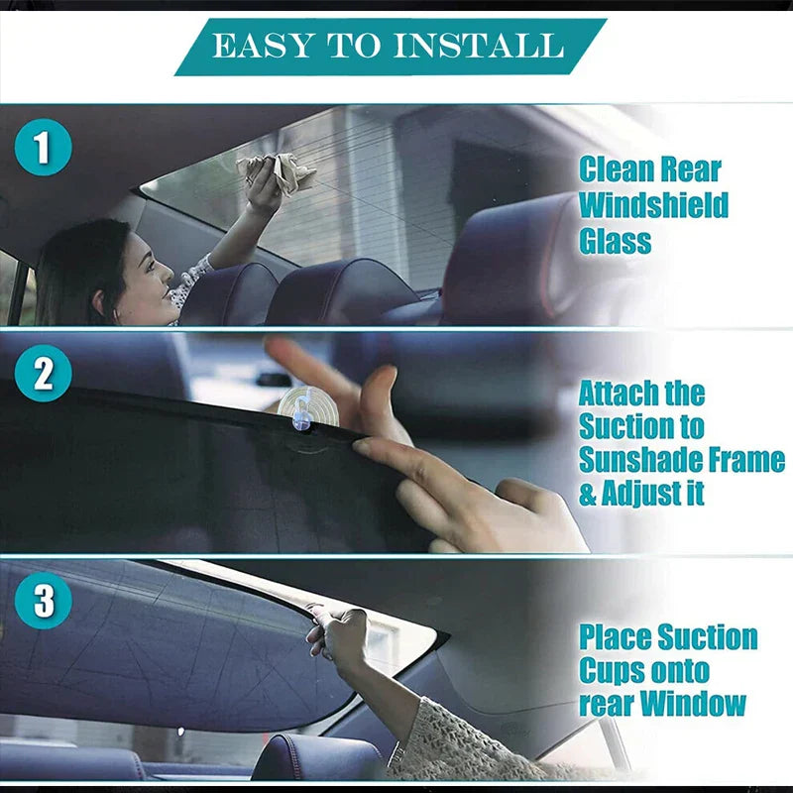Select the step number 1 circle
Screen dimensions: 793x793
(43, 149)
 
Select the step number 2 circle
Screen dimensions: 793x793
(43, 376)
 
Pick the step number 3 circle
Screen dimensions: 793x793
(43, 600)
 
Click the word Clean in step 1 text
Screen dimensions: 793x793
(617, 170)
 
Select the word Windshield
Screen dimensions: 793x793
(653, 205)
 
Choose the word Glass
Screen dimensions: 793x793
(615, 241)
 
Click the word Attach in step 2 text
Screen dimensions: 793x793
(620, 393)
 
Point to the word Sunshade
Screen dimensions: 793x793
(636, 461)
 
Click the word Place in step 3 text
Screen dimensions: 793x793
(616, 636)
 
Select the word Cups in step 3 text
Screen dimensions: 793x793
(611, 671)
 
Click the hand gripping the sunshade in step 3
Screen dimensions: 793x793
(337, 634)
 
